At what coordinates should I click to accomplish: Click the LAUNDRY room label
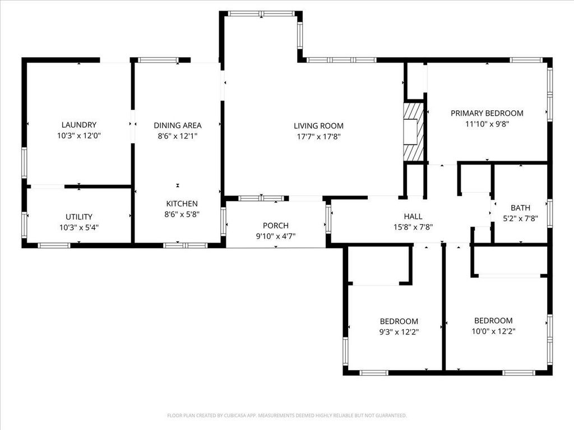(x=79, y=125)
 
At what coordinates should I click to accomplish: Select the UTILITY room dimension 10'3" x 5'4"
(x=79, y=227)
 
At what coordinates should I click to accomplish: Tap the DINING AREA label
(x=178, y=125)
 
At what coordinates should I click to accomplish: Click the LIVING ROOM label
(x=318, y=126)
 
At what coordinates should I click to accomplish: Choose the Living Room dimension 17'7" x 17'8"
(x=318, y=136)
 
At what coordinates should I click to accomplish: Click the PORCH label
(x=275, y=226)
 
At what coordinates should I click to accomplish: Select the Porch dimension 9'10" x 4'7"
(x=275, y=236)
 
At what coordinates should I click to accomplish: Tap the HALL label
(x=413, y=217)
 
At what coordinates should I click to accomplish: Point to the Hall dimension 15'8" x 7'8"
(x=413, y=227)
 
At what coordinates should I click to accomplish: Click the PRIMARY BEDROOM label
(x=487, y=113)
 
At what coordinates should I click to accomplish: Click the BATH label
(x=520, y=208)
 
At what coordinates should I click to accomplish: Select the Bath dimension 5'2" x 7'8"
(x=520, y=218)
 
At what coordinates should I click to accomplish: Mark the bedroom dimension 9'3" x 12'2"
(x=399, y=331)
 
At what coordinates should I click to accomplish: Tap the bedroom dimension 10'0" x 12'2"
(x=493, y=331)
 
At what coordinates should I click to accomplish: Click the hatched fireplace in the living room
(x=414, y=132)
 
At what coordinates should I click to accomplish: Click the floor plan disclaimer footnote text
(x=287, y=415)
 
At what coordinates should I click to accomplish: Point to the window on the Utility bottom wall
(x=54, y=245)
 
